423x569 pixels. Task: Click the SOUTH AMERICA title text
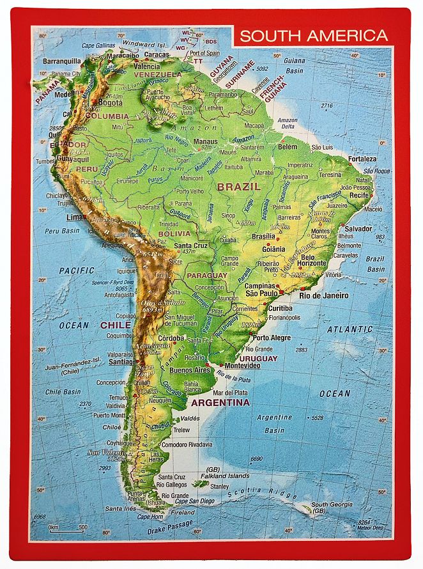[x=313, y=36]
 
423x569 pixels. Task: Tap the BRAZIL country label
[x=239, y=187]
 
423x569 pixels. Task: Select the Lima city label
[x=75, y=217]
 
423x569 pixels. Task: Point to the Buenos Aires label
[x=190, y=370]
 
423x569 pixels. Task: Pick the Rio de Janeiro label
[x=324, y=295]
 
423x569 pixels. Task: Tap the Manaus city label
[x=205, y=141]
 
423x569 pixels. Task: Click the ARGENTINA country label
[x=220, y=403]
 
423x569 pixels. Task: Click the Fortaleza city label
[x=362, y=159]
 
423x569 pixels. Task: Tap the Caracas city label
[x=156, y=55]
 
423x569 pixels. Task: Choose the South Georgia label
[x=332, y=504]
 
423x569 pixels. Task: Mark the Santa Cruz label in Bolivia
[x=191, y=246]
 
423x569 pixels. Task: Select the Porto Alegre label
[x=272, y=338]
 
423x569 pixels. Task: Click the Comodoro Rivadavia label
[x=187, y=444]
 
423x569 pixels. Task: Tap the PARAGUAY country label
[x=206, y=276]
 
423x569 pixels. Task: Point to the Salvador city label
[x=358, y=228]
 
